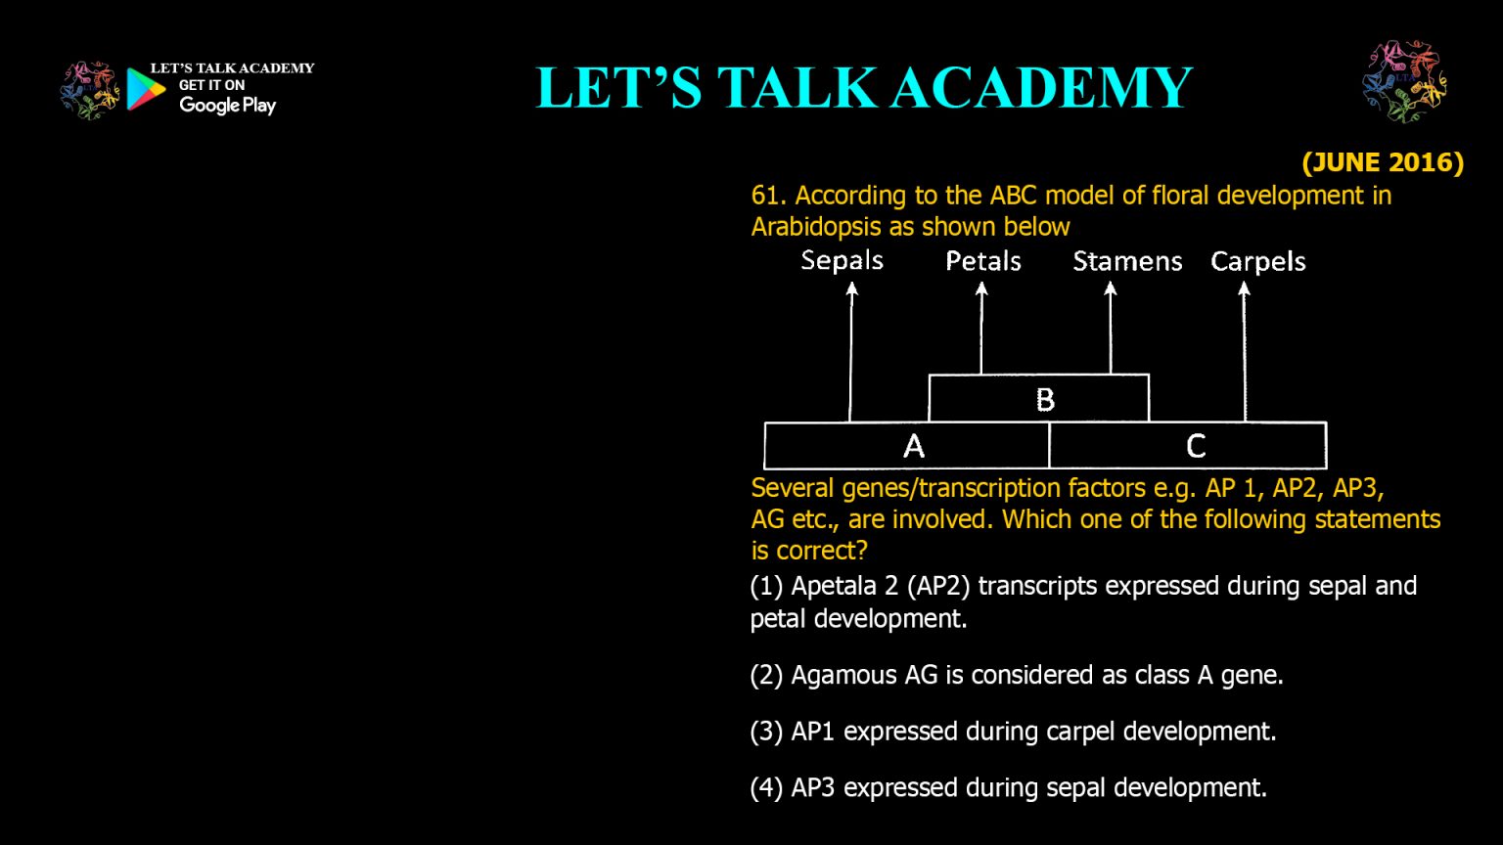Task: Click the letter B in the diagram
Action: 1045,400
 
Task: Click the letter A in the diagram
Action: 914,446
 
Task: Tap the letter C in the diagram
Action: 1196,446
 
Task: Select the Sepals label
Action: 843,260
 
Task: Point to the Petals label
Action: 983,261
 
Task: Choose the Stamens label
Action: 1127,261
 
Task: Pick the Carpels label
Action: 1258,261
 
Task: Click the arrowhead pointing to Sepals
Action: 851,289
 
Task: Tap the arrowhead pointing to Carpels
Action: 1244,289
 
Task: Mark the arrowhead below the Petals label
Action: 981,289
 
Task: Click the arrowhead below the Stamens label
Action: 1111,289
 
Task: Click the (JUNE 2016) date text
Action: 1383,163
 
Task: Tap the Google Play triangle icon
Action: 146,89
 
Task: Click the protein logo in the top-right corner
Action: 1404,81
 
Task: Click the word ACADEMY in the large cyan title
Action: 1042,87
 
